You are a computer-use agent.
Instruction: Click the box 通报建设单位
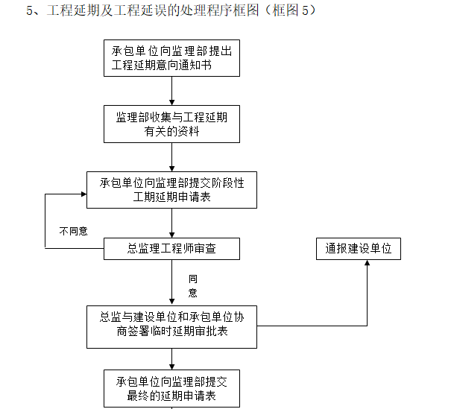pyautogui.click(x=358, y=249)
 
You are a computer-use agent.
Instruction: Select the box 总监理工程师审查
pyautogui.click(x=171, y=249)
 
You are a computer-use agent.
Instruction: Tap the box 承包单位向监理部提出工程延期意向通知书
pyautogui.click(x=171, y=58)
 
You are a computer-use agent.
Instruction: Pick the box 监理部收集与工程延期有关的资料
pyautogui.click(x=171, y=124)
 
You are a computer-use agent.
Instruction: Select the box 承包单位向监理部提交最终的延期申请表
pyautogui.click(x=171, y=388)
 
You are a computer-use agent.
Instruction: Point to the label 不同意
pyautogui.click(x=73, y=231)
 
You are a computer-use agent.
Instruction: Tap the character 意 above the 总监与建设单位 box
pyautogui.click(x=192, y=293)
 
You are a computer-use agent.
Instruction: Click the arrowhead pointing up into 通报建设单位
pyautogui.click(x=367, y=264)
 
